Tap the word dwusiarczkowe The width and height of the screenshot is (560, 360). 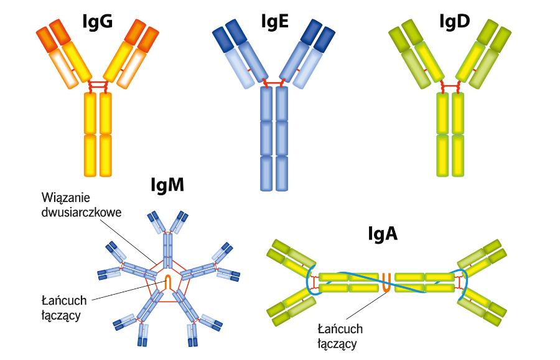coord(81,212)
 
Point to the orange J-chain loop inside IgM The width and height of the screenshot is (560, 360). coord(168,281)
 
